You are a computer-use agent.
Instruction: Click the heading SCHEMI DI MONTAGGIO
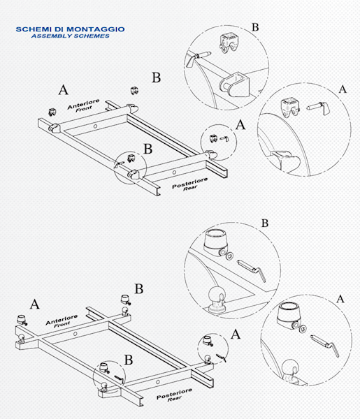point(70,29)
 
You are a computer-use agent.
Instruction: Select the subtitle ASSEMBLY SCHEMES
point(70,36)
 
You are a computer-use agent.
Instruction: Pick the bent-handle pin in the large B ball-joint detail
point(250,267)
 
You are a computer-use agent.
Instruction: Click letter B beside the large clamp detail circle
point(255,27)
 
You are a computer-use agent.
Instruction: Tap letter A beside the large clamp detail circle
point(342,89)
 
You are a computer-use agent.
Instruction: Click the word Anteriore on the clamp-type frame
point(82,105)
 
